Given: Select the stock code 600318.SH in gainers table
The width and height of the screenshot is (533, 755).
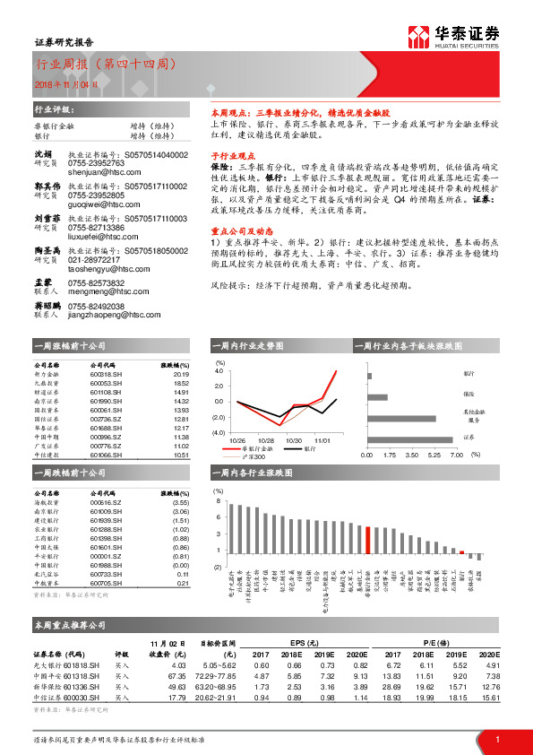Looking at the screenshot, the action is (107, 374).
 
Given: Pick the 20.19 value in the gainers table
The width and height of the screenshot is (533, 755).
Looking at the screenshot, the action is (181, 374).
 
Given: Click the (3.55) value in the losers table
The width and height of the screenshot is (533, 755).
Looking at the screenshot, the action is (180, 502).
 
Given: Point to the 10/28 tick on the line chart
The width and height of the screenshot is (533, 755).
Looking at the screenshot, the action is (266, 441).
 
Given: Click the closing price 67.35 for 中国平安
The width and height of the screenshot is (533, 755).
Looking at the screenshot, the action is (176, 675).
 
